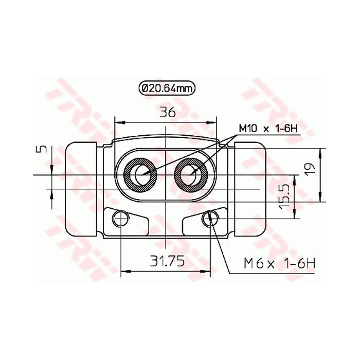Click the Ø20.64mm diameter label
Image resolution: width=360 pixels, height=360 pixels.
[166, 88]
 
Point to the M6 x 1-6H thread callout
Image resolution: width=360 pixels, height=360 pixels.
[278, 263]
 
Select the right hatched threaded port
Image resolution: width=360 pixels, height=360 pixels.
[192, 175]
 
